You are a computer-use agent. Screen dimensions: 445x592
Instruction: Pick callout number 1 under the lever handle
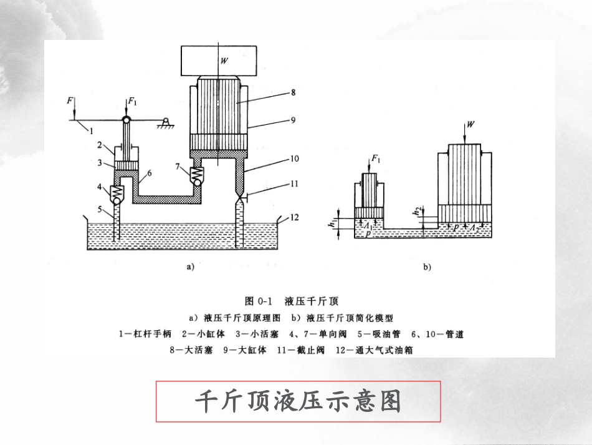pos(91,131)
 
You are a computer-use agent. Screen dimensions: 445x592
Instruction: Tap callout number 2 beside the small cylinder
pos(98,145)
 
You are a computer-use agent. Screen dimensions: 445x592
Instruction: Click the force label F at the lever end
pos(70,100)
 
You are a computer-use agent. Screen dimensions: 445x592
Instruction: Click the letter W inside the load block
pos(223,61)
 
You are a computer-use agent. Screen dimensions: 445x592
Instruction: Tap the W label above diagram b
pos(470,124)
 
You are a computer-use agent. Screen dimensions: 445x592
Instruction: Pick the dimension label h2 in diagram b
pos(417,212)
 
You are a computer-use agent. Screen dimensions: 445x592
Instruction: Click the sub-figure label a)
pos(191,267)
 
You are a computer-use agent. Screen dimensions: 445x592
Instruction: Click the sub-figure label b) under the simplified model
pos(427,267)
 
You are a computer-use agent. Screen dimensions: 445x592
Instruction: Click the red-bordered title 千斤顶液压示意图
pos(298,401)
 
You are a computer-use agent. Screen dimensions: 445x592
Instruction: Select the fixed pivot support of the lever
pos(166,122)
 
